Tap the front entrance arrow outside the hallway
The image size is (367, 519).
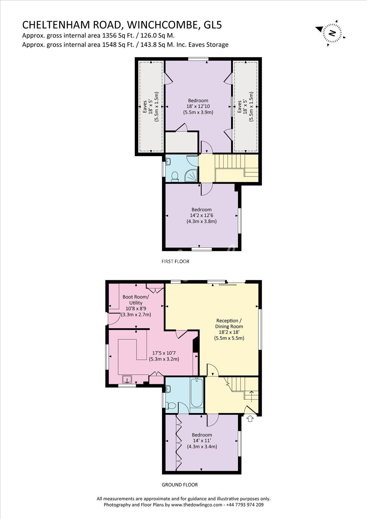tap(250, 419)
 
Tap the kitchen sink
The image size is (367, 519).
tap(127, 380)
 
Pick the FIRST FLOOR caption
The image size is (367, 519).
tap(175, 261)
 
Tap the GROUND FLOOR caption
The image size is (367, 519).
tap(180, 485)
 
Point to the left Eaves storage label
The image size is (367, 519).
tap(145, 107)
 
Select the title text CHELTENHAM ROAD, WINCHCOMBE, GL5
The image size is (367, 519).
tap(122, 25)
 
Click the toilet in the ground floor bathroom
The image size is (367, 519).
tap(171, 405)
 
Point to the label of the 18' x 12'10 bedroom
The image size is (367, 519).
tap(198, 100)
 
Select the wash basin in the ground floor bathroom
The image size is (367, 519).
tap(168, 389)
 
